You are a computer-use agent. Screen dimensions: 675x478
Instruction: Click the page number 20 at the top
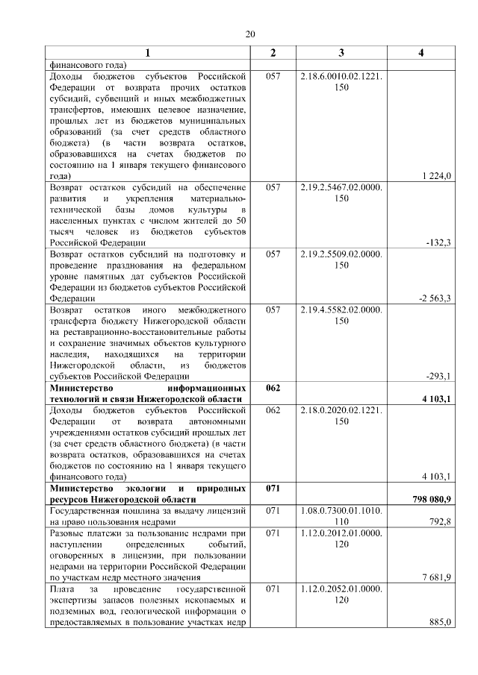249,34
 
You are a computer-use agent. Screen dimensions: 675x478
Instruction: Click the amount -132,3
439,242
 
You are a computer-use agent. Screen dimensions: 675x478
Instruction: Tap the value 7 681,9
438,577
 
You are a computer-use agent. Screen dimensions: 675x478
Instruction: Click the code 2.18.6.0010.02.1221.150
341,82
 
